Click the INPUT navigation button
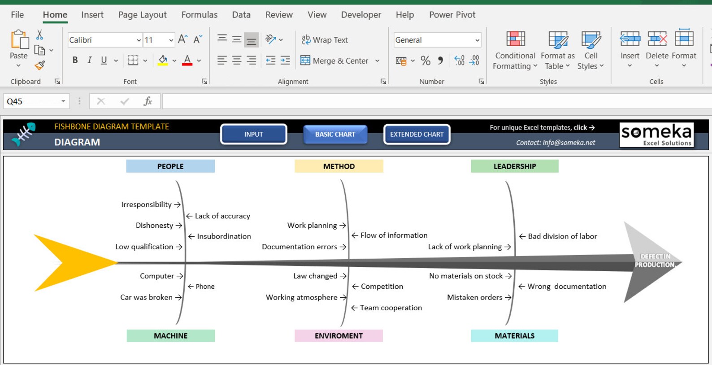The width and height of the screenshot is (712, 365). (254, 134)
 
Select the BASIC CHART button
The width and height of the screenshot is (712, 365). (335, 134)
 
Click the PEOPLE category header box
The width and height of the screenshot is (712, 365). (170, 166)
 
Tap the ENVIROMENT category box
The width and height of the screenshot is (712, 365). (339, 336)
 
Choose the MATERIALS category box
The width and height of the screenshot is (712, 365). (514, 336)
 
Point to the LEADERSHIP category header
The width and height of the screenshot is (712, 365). (515, 166)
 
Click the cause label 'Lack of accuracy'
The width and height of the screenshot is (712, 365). (222, 216)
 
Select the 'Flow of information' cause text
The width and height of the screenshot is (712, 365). (394, 235)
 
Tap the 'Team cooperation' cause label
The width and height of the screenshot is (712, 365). (391, 308)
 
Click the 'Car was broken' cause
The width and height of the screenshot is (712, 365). (146, 297)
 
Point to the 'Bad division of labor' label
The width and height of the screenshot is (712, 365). (562, 236)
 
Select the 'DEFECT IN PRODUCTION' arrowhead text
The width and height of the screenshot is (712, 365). (655, 261)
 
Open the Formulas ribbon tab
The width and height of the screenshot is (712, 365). (199, 15)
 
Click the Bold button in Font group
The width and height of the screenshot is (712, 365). (75, 60)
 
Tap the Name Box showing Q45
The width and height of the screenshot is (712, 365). (36, 101)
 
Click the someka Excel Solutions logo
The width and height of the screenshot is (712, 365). (656, 135)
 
